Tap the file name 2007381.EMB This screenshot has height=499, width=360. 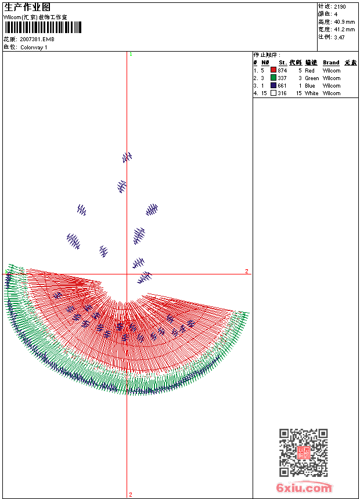tap(37, 39)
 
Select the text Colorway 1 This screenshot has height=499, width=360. tap(34, 47)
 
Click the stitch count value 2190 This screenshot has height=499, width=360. tap(340, 6)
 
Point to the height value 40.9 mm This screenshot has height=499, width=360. tap(344, 21)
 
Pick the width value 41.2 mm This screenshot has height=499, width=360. tap(344, 29)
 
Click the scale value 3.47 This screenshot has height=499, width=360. tap(339, 37)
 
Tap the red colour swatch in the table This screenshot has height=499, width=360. tap(273, 70)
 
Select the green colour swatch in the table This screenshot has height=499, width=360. tap(273, 78)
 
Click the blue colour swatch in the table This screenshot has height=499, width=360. tap(273, 85)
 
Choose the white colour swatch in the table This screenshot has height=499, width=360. tap(273, 93)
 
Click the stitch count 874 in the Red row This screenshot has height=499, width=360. tap(282, 70)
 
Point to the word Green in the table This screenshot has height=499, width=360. tap(312, 78)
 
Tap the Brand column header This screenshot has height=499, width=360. tap(331, 63)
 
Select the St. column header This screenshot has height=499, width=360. tap(282, 63)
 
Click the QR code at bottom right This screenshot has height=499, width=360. tap(303, 453)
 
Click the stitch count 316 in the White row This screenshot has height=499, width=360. tap(282, 93)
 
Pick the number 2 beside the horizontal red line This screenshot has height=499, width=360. tap(246, 271)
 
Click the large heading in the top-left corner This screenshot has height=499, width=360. tap(27, 7)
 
